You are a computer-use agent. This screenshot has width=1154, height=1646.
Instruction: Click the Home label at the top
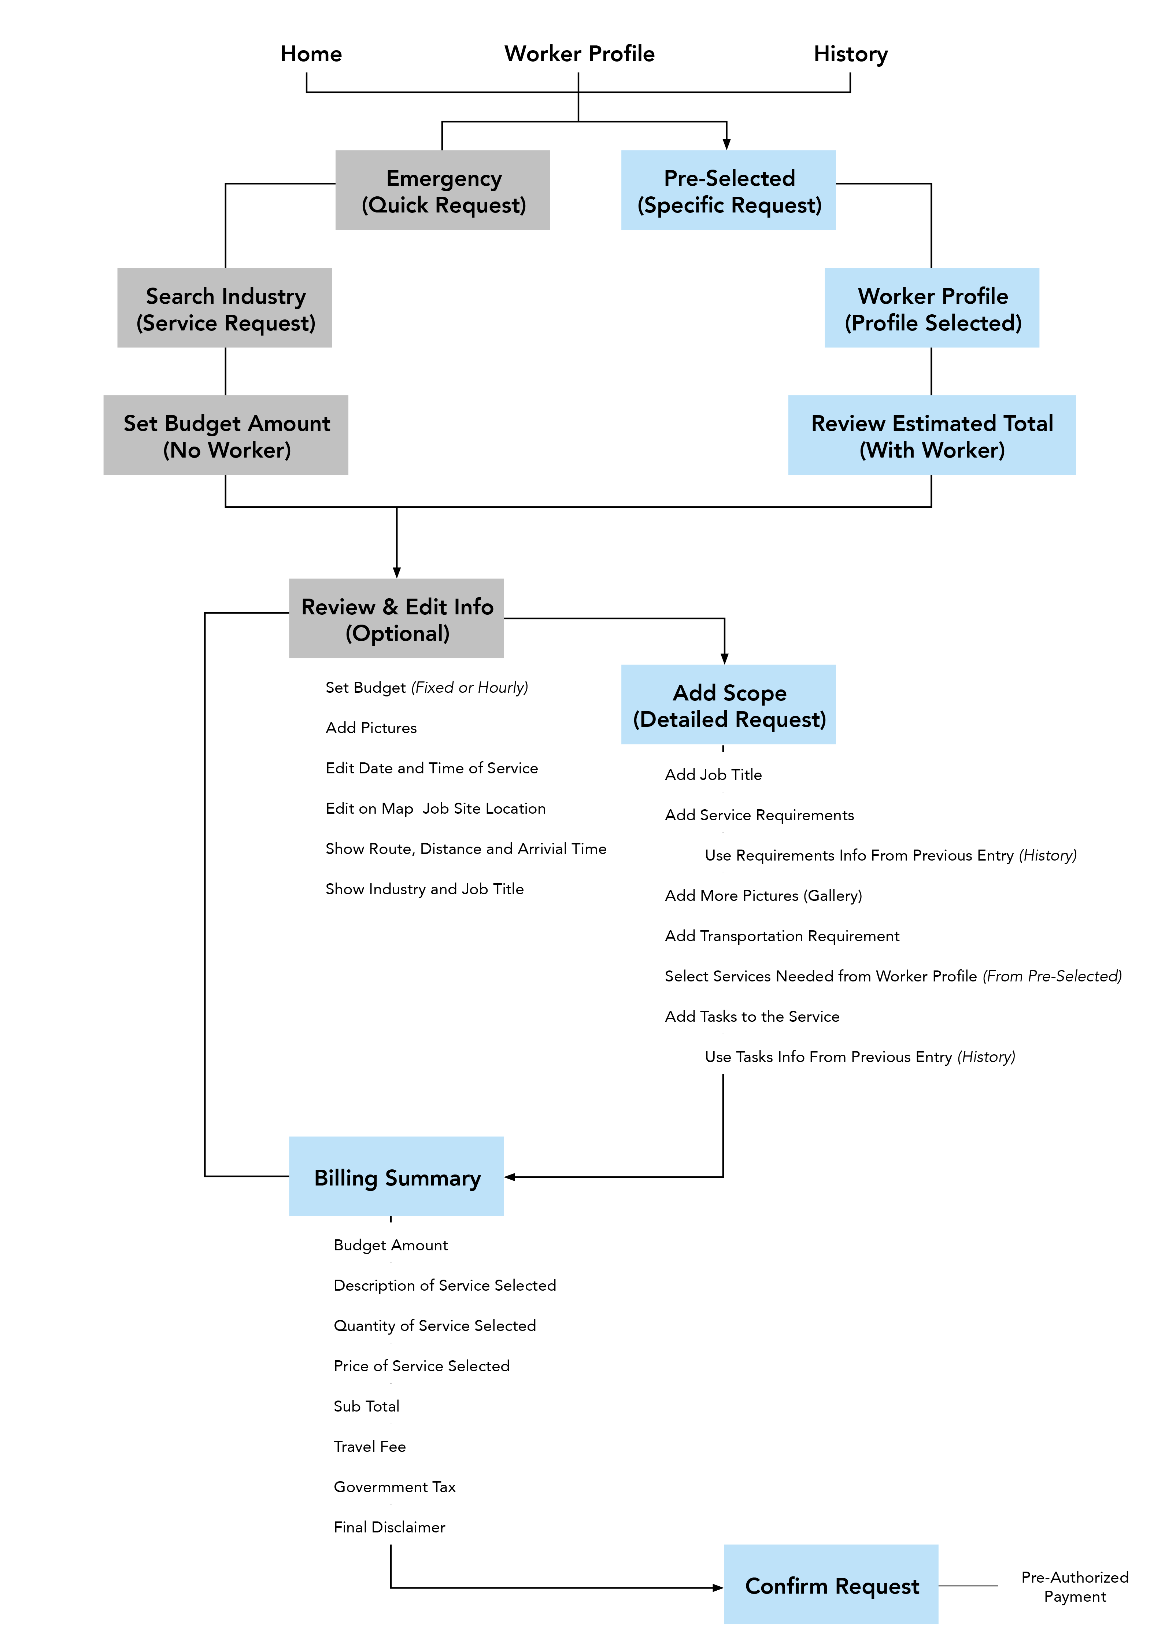tap(311, 54)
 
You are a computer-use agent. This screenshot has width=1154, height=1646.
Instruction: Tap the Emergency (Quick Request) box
tap(443, 190)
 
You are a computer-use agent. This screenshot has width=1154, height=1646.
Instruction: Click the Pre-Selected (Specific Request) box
tap(728, 190)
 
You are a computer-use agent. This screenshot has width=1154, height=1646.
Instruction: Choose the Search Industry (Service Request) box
tap(225, 308)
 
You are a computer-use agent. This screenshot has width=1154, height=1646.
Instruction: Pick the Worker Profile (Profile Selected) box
tap(932, 308)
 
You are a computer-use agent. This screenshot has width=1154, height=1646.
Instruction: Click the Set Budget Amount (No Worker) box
tap(226, 435)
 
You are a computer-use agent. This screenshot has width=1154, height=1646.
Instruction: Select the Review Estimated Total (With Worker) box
tap(932, 435)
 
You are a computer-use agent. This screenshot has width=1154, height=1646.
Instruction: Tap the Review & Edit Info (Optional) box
tap(396, 618)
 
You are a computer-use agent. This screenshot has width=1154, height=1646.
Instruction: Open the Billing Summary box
tap(396, 1176)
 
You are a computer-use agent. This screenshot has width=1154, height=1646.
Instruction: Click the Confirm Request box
tap(831, 1584)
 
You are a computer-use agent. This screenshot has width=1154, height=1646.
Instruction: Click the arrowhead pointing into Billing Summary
tap(510, 1177)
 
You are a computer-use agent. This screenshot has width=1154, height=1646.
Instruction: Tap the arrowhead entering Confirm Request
tap(718, 1588)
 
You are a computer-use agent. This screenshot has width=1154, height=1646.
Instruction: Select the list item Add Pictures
tap(371, 728)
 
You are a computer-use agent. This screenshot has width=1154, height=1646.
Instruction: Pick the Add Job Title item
tap(713, 774)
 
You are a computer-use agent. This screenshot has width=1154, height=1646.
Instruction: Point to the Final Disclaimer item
tap(389, 1527)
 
